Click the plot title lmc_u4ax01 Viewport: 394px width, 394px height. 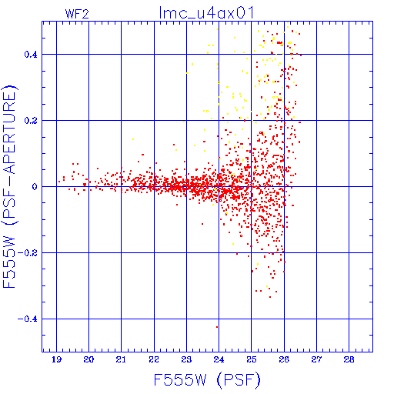point(206,13)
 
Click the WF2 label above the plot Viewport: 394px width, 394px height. point(77,14)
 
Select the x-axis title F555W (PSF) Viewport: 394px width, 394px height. point(207,380)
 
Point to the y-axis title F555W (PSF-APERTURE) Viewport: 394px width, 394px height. point(10,187)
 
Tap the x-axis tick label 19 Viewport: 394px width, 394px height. point(56,359)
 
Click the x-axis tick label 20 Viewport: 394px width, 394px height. point(88,359)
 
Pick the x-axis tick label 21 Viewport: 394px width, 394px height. point(121,359)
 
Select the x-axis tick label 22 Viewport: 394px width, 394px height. point(154,359)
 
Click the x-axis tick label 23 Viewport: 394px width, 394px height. point(186,359)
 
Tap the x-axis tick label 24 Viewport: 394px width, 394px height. point(219,359)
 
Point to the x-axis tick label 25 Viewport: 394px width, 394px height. point(252,359)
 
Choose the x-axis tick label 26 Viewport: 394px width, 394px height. point(284,359)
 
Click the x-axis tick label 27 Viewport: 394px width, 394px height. point(316,359)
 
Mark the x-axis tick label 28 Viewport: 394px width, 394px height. point(349,359)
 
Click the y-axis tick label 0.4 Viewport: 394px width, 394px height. point(31,55)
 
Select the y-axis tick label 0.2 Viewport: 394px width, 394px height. point(31,121)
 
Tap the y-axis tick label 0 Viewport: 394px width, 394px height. point(35,187)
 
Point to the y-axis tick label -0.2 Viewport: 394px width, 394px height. point(28,253)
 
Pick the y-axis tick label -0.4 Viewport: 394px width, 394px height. point(28,319)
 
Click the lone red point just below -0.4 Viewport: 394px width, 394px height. point(217,327)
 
